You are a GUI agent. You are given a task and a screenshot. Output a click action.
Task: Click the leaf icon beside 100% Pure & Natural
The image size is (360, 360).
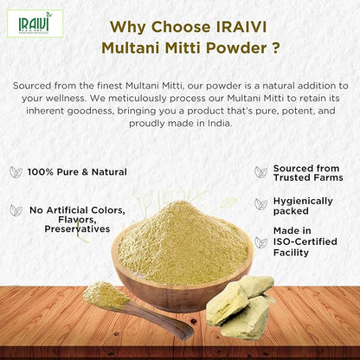click(16, 172)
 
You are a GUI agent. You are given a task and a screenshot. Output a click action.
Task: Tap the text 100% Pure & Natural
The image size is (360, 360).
click(77, 172)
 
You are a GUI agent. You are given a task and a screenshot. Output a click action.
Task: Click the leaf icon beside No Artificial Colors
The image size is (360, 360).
click(16, 210)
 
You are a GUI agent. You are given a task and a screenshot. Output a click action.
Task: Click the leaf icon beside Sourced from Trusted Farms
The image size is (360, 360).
click(260, 172)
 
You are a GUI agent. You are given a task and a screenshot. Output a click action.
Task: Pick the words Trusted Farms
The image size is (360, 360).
click(308, 177)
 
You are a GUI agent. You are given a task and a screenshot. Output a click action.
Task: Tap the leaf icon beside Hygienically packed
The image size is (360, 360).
click(260, 204)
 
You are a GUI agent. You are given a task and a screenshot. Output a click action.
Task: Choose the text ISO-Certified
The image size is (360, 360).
click(309, 242)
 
